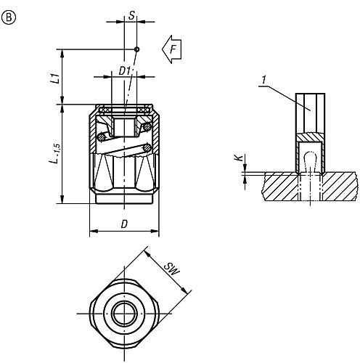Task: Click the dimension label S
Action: (131, 14)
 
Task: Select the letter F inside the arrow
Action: (174, 49)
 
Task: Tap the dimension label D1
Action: (123, 70)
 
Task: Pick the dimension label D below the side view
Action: (123, 225)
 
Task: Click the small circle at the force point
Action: (136, 49)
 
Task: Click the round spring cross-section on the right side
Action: (147, 147)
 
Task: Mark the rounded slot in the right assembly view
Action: (311, 160)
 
